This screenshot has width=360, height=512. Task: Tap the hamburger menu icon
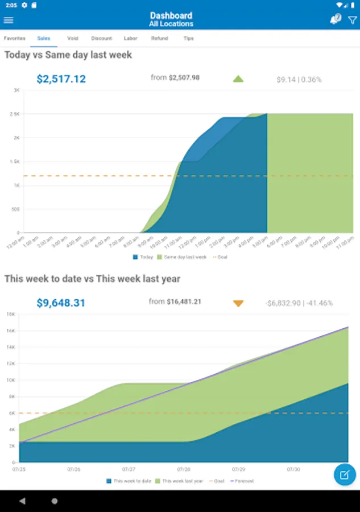coord(9,20)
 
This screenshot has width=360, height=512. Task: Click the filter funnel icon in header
coord(352,20)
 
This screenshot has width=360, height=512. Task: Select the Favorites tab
coord(15,39)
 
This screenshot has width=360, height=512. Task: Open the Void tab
coord(72,39)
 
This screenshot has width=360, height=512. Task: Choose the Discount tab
coord(101,39)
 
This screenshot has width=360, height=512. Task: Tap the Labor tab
coord(130,39)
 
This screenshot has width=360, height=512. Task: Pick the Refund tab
coord(159,39)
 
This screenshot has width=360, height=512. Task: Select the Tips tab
coord(189,39)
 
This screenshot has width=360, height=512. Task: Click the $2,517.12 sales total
coord(61,79)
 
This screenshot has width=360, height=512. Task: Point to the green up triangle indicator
coord(238,79)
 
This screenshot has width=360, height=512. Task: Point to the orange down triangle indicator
coord(238,303)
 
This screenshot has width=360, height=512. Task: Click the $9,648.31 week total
coord(61,303)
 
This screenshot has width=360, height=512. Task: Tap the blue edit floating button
coord(345,474)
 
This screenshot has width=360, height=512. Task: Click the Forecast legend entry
coord(243,481)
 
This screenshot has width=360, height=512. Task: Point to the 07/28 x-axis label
coord(184,470)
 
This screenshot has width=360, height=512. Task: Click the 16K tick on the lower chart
coord(10,330)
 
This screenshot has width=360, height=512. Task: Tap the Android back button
coord(22,501)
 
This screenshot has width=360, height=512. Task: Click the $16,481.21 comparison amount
coord(185,302)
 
